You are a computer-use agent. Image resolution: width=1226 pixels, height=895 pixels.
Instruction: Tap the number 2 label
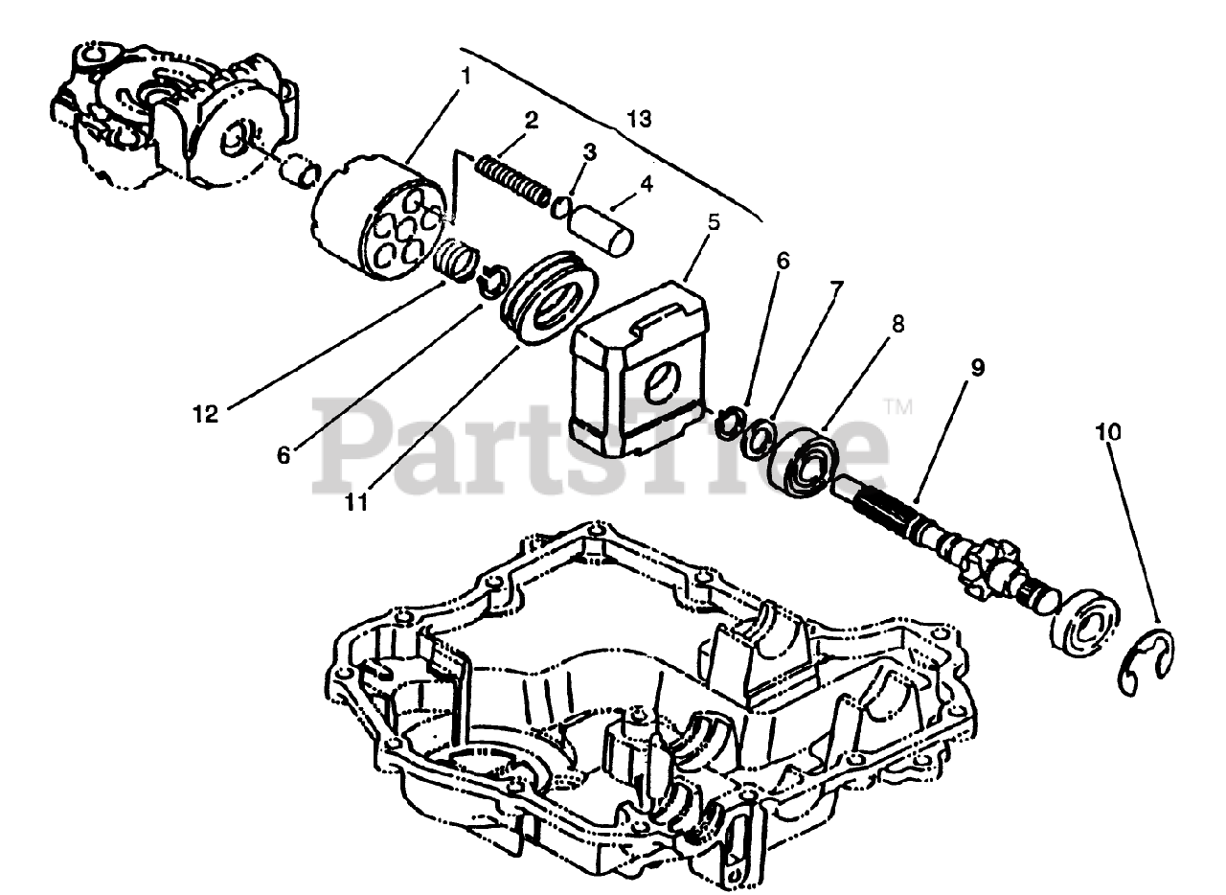coord(532,121)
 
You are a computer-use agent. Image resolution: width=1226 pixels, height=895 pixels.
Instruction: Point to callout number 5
coord(714,221)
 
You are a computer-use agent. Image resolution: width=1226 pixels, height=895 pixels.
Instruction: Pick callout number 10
coord(1108,432)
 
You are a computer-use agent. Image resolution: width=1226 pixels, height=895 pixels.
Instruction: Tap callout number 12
coord(205,414)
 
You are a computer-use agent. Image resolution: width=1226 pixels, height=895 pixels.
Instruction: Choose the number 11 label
coord(357,501)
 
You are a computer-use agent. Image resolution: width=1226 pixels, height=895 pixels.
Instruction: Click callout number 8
coord(897,325)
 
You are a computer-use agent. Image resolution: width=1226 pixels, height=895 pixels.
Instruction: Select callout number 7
coord(837,287)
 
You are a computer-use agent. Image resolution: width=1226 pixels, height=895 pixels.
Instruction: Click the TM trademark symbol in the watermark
coord(897,406)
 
